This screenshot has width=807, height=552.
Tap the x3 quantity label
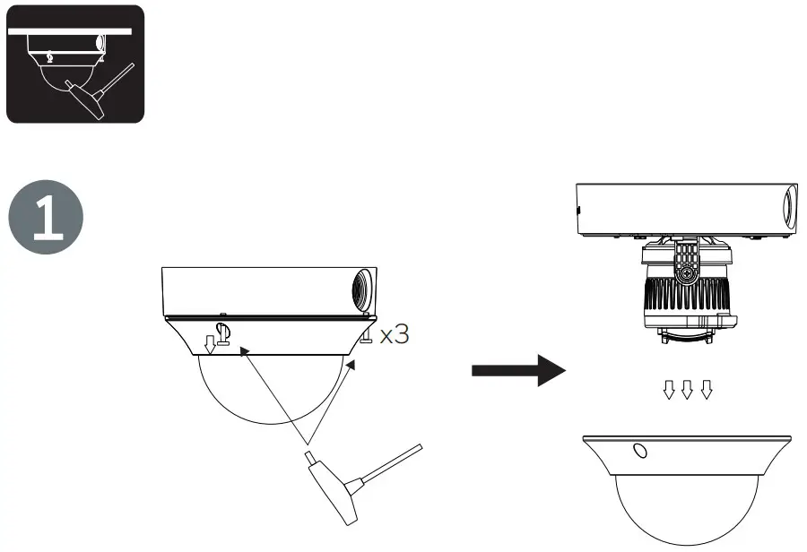click(395, 335)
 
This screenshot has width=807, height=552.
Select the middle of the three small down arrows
click(687, 389)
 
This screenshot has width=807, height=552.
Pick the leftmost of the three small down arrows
click(668, 389)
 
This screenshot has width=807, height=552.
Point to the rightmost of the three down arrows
click(706, 389)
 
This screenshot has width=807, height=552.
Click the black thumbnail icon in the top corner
click(74, 64)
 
